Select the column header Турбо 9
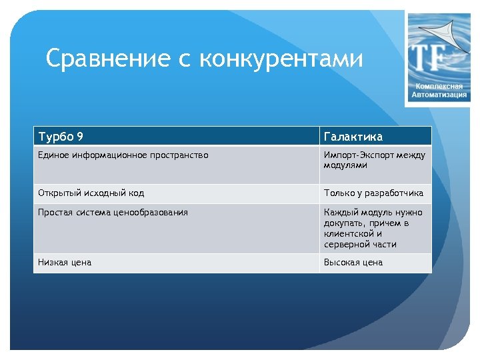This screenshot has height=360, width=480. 61,137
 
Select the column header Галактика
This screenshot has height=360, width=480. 353,137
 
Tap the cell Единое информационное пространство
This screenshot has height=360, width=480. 123,155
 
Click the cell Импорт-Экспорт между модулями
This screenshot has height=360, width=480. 374,160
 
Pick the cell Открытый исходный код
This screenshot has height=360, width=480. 91,193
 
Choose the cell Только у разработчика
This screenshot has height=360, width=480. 373,193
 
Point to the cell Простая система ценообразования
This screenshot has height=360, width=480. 113,213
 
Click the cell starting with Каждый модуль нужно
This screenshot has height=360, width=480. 373,228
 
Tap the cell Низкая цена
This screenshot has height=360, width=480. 65,263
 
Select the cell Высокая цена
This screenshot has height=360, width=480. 353,263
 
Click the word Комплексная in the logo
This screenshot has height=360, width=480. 439,87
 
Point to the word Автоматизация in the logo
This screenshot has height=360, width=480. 439,95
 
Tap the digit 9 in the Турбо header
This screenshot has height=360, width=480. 80,137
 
